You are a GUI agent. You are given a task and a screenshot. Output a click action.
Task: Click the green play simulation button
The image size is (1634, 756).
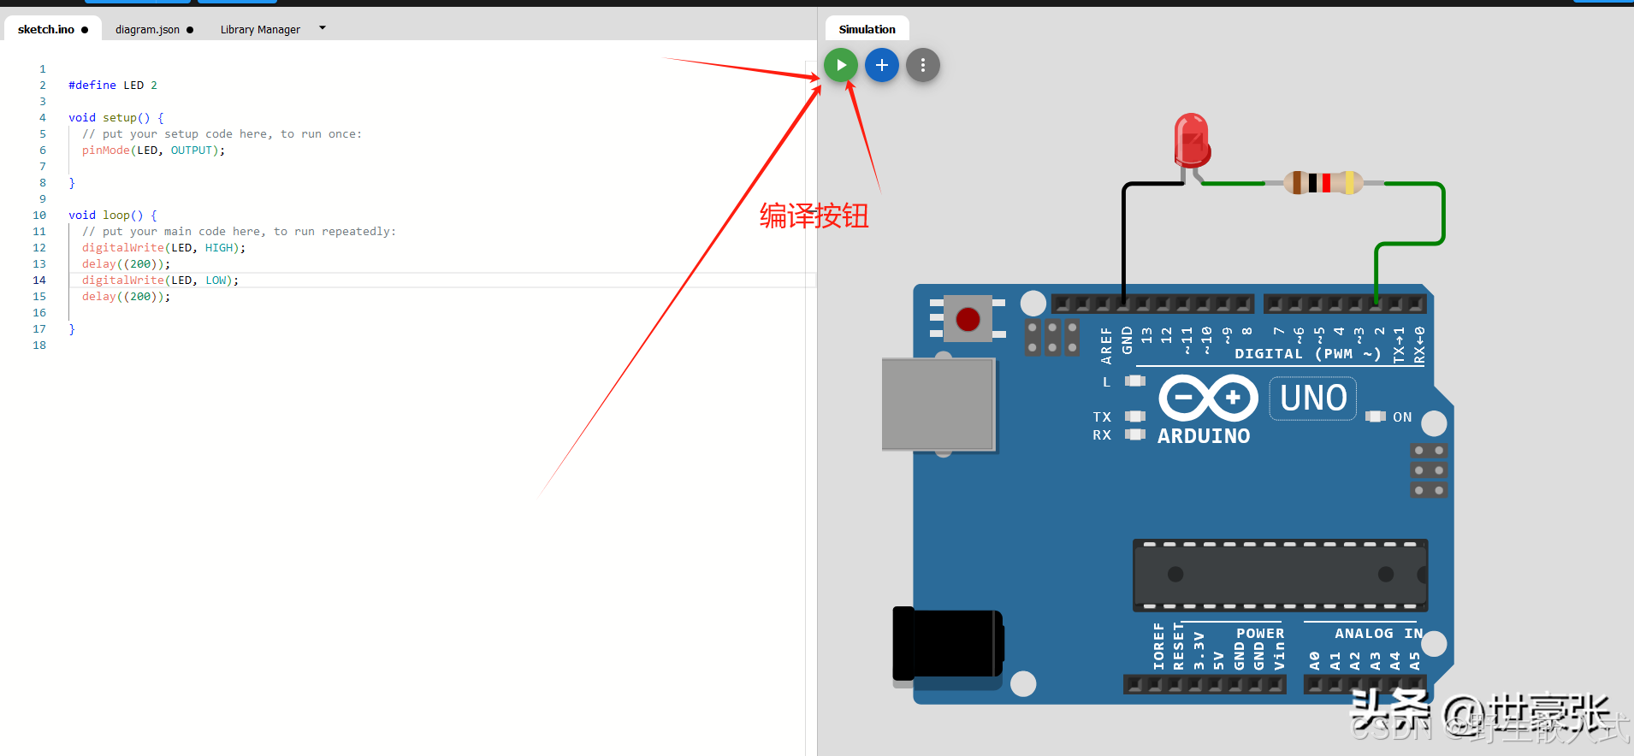pos(841,65)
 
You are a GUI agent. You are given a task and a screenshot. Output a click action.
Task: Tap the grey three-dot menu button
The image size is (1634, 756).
pos(922,65)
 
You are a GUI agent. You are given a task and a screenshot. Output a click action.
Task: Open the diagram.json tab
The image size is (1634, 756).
pos(147,29)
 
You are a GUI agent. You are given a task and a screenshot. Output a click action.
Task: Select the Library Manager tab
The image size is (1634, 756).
pos(260,29)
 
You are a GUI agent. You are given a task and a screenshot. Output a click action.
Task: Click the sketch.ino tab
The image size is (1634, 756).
pos(46,29)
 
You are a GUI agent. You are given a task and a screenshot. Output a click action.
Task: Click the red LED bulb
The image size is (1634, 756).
pos(1192,139)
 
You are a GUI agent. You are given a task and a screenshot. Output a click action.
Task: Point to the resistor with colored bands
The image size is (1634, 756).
pos(1323,182)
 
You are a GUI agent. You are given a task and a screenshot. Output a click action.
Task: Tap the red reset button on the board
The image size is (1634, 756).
pos(968,319)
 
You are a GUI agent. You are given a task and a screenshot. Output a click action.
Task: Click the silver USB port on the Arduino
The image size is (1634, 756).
pos(938,404)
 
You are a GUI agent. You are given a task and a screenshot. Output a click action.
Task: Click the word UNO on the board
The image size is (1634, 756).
pos(1313,399)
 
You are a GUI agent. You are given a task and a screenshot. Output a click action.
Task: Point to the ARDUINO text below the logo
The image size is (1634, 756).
pos(1204,436)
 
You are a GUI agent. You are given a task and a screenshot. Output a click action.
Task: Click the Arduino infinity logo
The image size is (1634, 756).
pos(1208,398)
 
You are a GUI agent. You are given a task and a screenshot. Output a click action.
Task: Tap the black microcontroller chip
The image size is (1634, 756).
pos(1280,575)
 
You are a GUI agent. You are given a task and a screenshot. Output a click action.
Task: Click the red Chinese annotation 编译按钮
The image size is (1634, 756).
pos(814,216)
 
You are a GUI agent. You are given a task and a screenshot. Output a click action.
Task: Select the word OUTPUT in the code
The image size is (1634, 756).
pos(191,151)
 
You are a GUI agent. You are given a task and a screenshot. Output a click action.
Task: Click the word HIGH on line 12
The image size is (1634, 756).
pos(219,248)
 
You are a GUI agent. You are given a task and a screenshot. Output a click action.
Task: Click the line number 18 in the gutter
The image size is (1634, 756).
pos(39,346)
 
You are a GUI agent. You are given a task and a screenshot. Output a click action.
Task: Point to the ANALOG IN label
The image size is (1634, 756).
pos(1378,634)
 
